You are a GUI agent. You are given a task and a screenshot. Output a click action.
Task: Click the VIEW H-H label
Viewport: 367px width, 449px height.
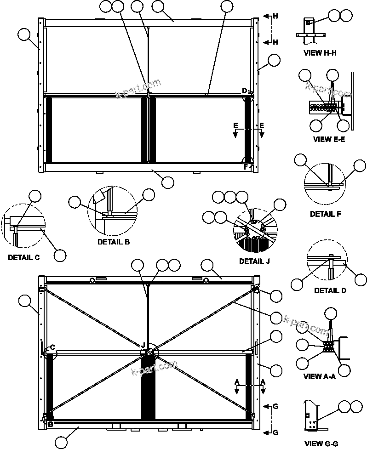pyautogui.click(x=320, y=53)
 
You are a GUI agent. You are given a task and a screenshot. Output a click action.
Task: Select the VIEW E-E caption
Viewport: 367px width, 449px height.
pyautogui.click(x=329, y=139)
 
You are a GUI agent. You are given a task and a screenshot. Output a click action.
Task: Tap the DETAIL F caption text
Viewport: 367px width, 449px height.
pyautogui.click(x=328, y=214)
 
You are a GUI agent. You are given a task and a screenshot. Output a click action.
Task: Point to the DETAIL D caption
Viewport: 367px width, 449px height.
pyautogui.click(x=330, y=290)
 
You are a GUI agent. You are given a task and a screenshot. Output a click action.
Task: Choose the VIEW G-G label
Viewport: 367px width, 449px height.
pyautogui.click(x=321, y=443)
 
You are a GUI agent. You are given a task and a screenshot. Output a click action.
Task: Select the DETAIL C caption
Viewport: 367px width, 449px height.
pyautogui.click(x=23, y=257)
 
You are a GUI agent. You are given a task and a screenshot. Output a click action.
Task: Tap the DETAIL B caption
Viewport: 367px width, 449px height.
pyautogui.click(x=114, y=242)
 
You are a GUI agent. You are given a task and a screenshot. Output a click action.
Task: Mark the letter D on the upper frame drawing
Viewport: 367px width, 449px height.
pyautogui.click(x=245, y=90)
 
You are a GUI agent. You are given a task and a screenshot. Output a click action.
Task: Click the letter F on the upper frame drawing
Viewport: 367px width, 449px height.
pyautogui.click(x=245, y=167)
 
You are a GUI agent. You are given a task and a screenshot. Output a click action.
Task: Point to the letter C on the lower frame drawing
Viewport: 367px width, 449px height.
pyautogui.click(x=53, y=347)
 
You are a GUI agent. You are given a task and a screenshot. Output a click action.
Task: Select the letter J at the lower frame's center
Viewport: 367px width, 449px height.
pyautogui.click(x=143, y=345)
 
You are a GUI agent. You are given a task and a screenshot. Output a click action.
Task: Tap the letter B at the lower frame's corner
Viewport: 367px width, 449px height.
pyautogui.click(x=51, y=424)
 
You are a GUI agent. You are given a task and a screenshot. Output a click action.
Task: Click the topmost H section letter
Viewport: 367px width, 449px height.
pyautogui.click(x=275, y=16)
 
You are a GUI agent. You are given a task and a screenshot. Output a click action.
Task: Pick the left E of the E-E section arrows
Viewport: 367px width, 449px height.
pyautogui.click(x=235, y=125)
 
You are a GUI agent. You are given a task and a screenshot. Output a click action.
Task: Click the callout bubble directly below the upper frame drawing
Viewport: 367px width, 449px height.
pyautogui.click(x=168, y=182)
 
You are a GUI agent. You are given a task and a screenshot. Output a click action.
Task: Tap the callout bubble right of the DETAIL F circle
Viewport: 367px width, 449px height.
pyautogui.click(x=360, y=166)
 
